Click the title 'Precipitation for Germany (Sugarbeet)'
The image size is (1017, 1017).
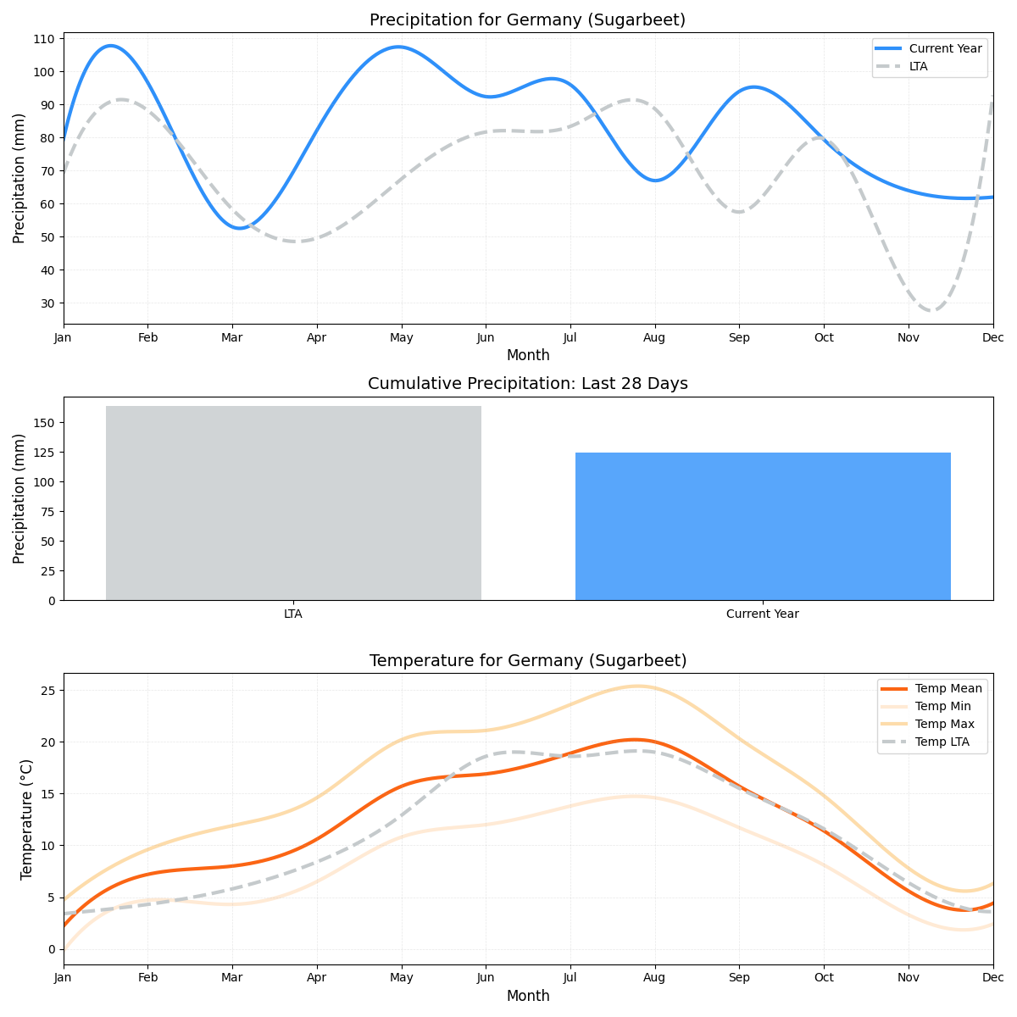pyautogui.click(x=527, y=20)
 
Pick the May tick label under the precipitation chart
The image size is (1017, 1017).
pyautogui.click(x=401, y=337)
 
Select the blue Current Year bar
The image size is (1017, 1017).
pyautogui.click(x=763, y=525)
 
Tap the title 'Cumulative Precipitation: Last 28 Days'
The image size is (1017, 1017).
pyautogui.click(x=527, y=384)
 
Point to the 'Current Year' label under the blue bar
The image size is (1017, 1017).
pyautogui.click(x=762, y=614)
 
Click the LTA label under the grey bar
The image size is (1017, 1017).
pyautogui.click(x=293, y=614)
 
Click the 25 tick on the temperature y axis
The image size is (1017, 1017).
pyautogui.click(x=47, y=691)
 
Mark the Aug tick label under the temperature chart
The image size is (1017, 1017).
pyautogui.click(x=654, y=978)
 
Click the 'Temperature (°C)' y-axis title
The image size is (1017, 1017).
pyautogui.click(x=26, y=819)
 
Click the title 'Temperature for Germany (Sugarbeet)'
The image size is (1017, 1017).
pyautogui.click(x=527, y=661)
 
